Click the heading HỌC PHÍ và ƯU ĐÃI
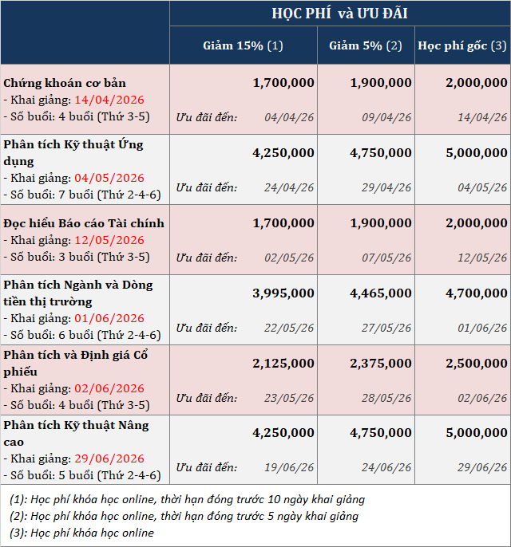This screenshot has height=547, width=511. (339, 14)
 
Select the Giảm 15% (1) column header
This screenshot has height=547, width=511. (243, 45)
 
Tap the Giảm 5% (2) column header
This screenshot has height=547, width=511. (366, 45)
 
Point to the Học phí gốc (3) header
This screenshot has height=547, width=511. (462, 45)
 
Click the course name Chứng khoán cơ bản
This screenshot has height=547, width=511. (65, 83)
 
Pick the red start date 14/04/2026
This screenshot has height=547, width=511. (109, 100)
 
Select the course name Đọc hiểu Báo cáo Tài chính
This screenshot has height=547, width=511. (84, 223)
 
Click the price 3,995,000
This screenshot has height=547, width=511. (283, 293)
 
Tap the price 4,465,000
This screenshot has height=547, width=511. (381, 293)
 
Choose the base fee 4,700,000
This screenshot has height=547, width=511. (477, 293)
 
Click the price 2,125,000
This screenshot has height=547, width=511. (283, 363)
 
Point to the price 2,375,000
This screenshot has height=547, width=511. (381, 363)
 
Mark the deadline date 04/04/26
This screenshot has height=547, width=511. (289, 117)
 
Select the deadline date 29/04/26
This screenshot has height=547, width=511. (386, 187)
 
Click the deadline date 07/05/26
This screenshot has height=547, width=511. (386, 258)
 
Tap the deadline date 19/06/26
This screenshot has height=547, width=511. (289, 467)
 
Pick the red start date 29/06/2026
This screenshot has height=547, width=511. (109, 458)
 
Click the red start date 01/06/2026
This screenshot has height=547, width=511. (109, 318)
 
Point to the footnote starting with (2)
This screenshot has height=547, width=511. (184, 517)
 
